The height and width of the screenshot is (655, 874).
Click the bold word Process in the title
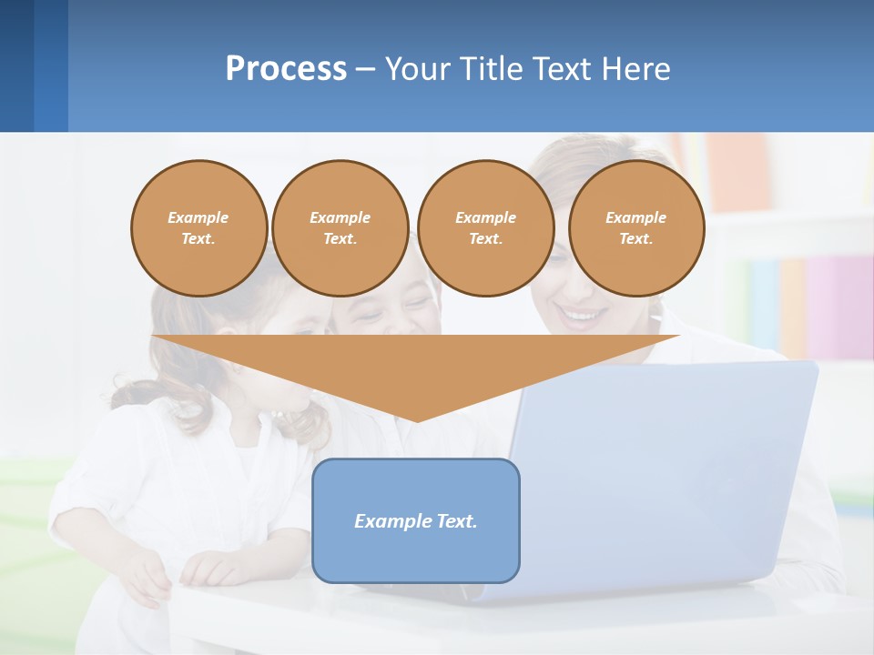[x=286, y=69]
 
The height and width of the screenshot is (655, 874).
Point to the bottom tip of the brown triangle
[x=416, y=420]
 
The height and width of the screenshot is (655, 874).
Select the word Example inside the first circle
[x=198, y=218]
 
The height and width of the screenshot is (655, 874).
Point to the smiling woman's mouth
[x=583, y=316]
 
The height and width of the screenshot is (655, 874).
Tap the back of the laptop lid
[x=665, y=473]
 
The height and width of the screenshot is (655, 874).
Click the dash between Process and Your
[x=365, y=70]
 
